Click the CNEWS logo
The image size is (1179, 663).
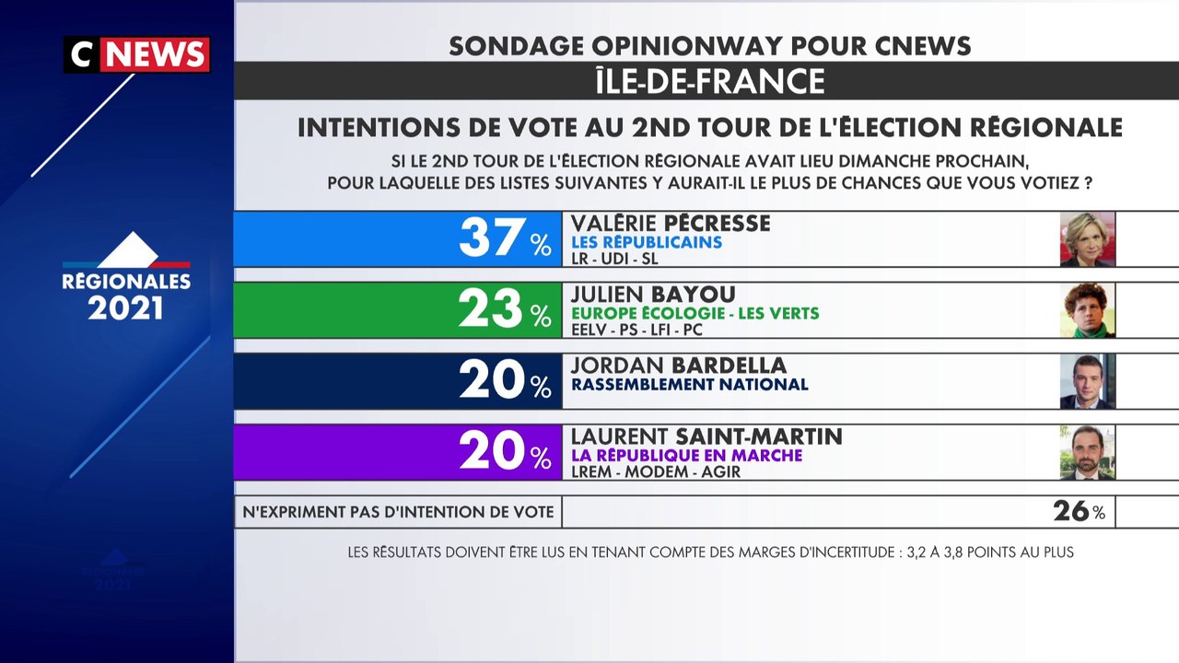coord(137,54)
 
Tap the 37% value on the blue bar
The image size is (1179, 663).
coord(506,238)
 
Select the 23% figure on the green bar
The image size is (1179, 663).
coord(506,308)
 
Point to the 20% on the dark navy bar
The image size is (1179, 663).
coord(506,380)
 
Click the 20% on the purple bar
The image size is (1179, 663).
coord(506,451)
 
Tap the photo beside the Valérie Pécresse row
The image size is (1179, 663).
coord(1088,239)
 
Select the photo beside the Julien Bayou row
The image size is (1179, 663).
coord(1088,310)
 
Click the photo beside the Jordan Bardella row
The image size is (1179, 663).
coord(1088,381)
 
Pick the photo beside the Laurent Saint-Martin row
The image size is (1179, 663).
coord(1088,452)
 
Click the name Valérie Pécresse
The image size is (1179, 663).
coord(671,223)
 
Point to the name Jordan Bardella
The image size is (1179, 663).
coord(679,366)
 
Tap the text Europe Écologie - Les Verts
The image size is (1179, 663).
coord(695,313)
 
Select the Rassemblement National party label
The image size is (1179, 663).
coord(690,384)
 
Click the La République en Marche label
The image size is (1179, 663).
coord(687,455)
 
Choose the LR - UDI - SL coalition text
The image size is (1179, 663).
coord(614,259)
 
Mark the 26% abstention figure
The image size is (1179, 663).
coord(1079,511)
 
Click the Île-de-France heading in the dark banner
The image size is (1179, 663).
coord(710,80)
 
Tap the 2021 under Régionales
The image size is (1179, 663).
coord(126,308)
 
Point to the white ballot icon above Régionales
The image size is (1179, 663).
coord(128,249)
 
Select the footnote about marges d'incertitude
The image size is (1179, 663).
coord(710,552)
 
